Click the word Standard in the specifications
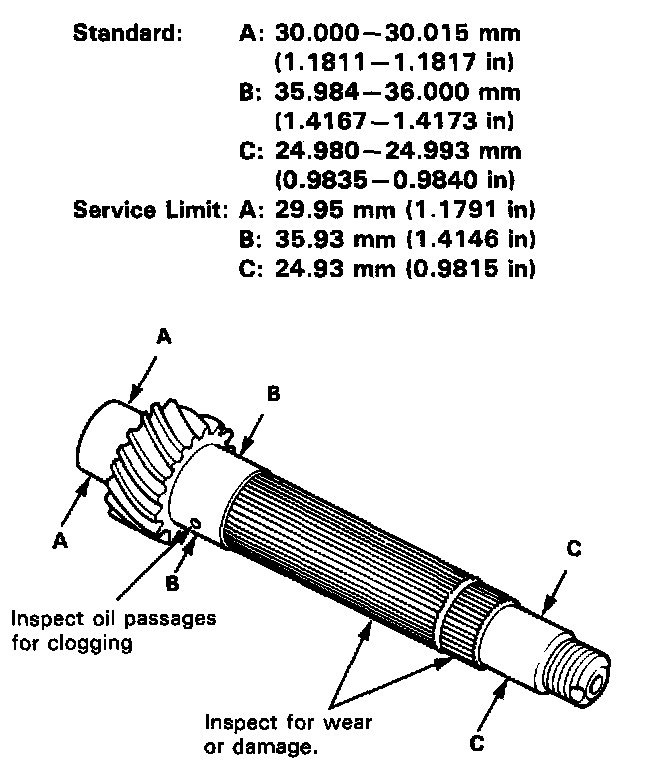[128, 33]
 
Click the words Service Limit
[150, 212]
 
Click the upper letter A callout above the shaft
[164, 339]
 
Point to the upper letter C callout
[574, 548]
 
